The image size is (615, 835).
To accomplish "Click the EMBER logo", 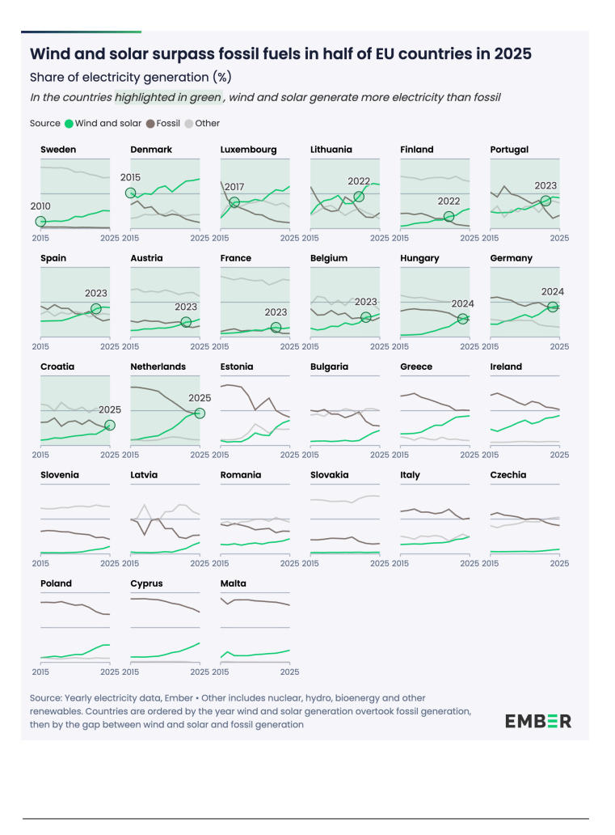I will [538, 721].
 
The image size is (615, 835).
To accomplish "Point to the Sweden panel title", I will [58, 150].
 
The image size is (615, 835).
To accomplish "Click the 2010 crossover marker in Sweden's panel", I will [40, 222].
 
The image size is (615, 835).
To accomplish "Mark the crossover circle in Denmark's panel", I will [130, 193].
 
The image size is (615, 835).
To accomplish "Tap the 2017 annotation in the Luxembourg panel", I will [234, 187].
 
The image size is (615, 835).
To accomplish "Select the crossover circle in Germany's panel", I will [553, 307].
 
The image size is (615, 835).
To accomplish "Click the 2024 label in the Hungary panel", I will [462, 303].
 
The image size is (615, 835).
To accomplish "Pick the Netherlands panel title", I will [158, 367].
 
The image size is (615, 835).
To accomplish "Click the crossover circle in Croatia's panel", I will [110, 425].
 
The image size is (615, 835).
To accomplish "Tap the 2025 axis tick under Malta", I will [289, 672].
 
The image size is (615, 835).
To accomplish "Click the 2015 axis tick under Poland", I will [40, 672].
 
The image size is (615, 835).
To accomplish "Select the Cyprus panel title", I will [146, 583].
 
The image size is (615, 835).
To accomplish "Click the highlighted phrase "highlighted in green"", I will [167, 97].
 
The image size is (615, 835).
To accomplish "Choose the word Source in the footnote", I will [47, 697].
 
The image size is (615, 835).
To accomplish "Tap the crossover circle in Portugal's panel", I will [545, 201].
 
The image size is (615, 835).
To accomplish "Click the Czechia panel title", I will [508, 475].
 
